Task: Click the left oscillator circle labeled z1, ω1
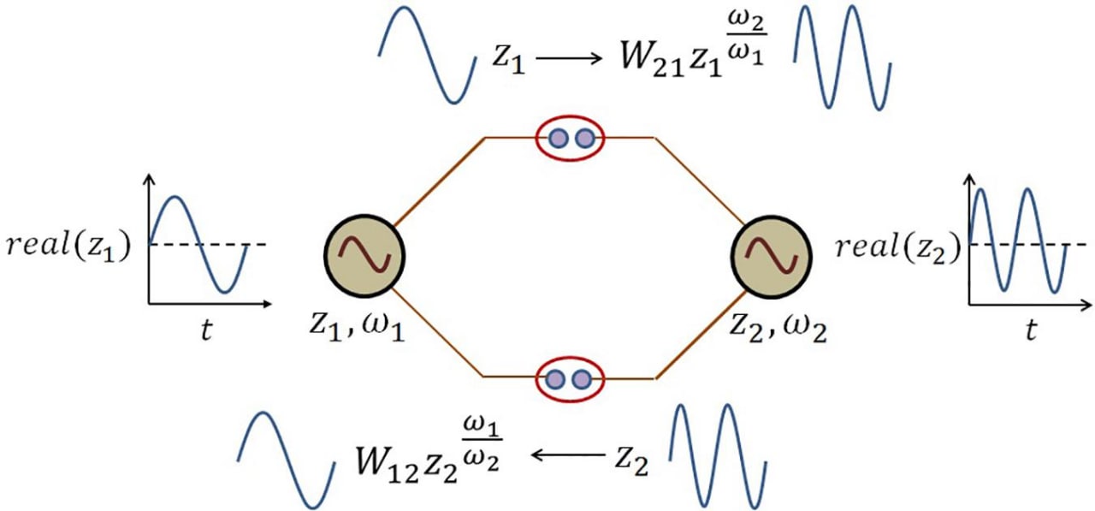(x=364, y=256)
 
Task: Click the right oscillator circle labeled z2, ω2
(x=772, y=256)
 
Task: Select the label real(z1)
(x=68, y=245)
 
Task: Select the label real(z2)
(x=898, y=247)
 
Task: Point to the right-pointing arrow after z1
(x=570, y=59)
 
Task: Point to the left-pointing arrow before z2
(x=568, y=455)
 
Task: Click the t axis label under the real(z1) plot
(x=206, y=330)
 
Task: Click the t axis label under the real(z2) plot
(x=1031, y=330)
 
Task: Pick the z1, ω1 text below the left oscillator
(x=358, y=327)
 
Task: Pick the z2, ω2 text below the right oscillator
(x=778, y=327)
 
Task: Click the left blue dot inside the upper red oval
(x=559, y=139)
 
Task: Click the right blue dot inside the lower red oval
(x=582, y=379)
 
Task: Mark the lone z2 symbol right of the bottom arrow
(x=631, y=461)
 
